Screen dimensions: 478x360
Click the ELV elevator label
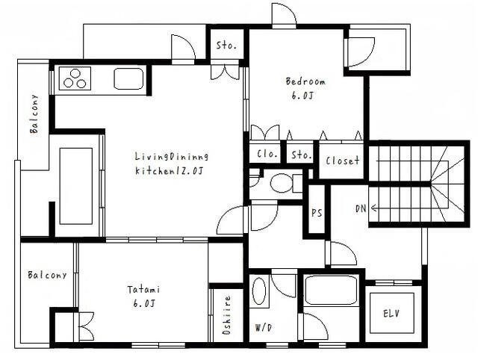(x=391, y=313)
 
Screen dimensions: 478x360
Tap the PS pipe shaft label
(x=317, y=213)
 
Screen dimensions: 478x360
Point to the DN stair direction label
(x=361, y=208)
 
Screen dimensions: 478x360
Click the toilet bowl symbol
(x=282, y=183)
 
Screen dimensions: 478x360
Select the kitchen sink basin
(x=128, y=78)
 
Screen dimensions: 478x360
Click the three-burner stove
(x=75, y=78)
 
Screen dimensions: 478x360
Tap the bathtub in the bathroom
(x=332, y=290)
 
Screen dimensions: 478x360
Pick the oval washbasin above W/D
(x=259, y=291)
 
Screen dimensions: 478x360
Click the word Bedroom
(x=305, y=81)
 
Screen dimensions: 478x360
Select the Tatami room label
(x=143, y=289)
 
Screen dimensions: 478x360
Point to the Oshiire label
(x=227, y=315)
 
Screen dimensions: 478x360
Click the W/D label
(x=263, y=328)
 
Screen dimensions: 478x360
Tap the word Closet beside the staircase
(x=342, y=161)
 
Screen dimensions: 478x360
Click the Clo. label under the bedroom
(x=267, y=154)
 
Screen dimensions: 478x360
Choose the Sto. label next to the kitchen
(x=226, y=46)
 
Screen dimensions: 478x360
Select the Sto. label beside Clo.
(x=301, y=155)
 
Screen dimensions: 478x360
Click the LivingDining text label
(x=172, y=157)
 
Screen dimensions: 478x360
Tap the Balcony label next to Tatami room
(x=47, y=275)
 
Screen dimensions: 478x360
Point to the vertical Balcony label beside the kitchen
(x=34, y=114)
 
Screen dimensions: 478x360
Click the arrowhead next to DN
(x=373, y=208)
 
